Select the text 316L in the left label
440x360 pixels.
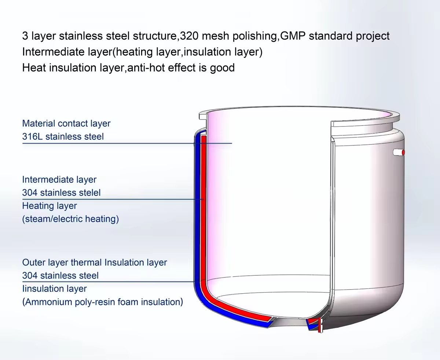point(32,137)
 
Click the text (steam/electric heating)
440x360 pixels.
point(70,219)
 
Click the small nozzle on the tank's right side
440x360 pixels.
point(398,152)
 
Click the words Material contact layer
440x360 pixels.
point(66,124)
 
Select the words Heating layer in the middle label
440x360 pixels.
point(49,206)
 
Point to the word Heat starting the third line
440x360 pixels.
point(33,68)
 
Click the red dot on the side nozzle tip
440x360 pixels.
point(403,152)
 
